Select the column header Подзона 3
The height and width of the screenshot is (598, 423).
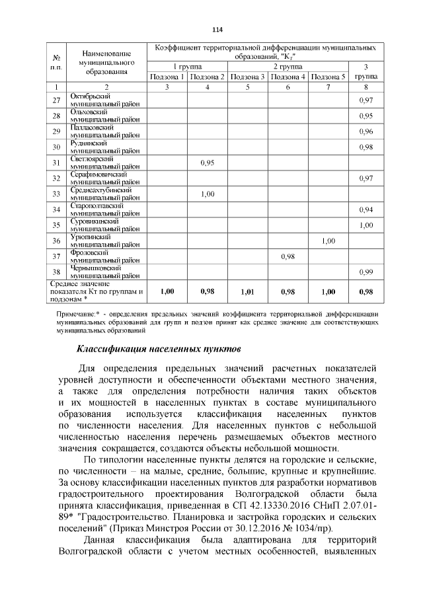pos(249,77)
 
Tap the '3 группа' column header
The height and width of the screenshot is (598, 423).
pos(366,71)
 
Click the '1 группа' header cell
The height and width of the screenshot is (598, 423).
pos(188,67)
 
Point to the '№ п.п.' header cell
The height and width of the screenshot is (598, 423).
pos(57,62)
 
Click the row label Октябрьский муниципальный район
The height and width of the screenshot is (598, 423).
pos(104,100)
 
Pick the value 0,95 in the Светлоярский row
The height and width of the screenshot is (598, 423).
pos(208,163)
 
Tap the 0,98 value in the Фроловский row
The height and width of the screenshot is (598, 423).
pos(288,256)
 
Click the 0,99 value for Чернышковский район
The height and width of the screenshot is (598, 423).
pos(366,272)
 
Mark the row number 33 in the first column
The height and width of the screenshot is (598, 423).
pos(57,194)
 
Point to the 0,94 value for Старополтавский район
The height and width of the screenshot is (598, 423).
pos(366,209)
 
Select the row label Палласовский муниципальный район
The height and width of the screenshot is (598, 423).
pos(104,131)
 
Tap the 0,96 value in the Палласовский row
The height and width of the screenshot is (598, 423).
pos(366,131)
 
